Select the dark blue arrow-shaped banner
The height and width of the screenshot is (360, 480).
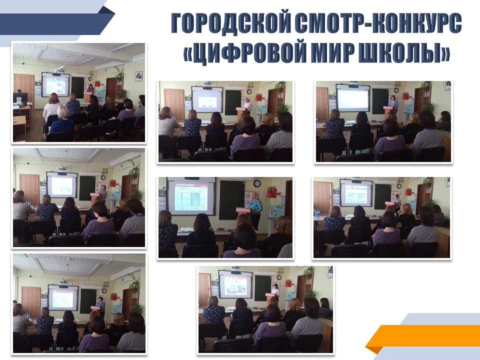coord(56,24)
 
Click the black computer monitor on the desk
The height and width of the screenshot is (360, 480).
coord(20,98)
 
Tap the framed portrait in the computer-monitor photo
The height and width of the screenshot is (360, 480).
coord(139,76)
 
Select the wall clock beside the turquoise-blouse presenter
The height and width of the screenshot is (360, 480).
coord(257,183)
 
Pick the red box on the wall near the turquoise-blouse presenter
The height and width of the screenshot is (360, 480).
coord(271,192)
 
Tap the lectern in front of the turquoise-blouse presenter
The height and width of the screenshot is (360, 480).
coord(246,219)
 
